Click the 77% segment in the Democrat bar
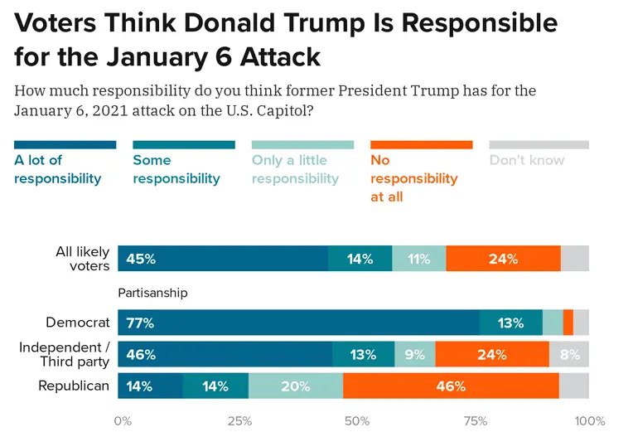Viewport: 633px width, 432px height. pos(298,323)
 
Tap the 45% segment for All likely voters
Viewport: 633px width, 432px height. pos(223,259)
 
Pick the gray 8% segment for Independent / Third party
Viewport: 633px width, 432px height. pos(569,354)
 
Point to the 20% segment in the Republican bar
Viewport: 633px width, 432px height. pos(295,386)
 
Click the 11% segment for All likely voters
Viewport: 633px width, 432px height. pos(418,259)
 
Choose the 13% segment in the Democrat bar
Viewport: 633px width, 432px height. pos(510,323)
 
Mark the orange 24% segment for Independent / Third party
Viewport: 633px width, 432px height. pos(492,354)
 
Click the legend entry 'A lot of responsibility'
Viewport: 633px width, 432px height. pos(58,168)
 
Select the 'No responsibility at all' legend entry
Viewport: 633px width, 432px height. pos(414,177)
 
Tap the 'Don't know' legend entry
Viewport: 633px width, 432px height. pos(527,160)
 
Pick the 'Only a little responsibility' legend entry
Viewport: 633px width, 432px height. pos(296,168)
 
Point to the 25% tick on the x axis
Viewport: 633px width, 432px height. pos(240,420)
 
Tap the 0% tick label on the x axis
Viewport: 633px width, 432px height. pos(122,420)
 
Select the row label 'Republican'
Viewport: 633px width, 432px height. pos(75,386)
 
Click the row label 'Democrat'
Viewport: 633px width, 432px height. pos(78,323)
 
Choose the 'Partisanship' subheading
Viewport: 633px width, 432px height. pos(152,293)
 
